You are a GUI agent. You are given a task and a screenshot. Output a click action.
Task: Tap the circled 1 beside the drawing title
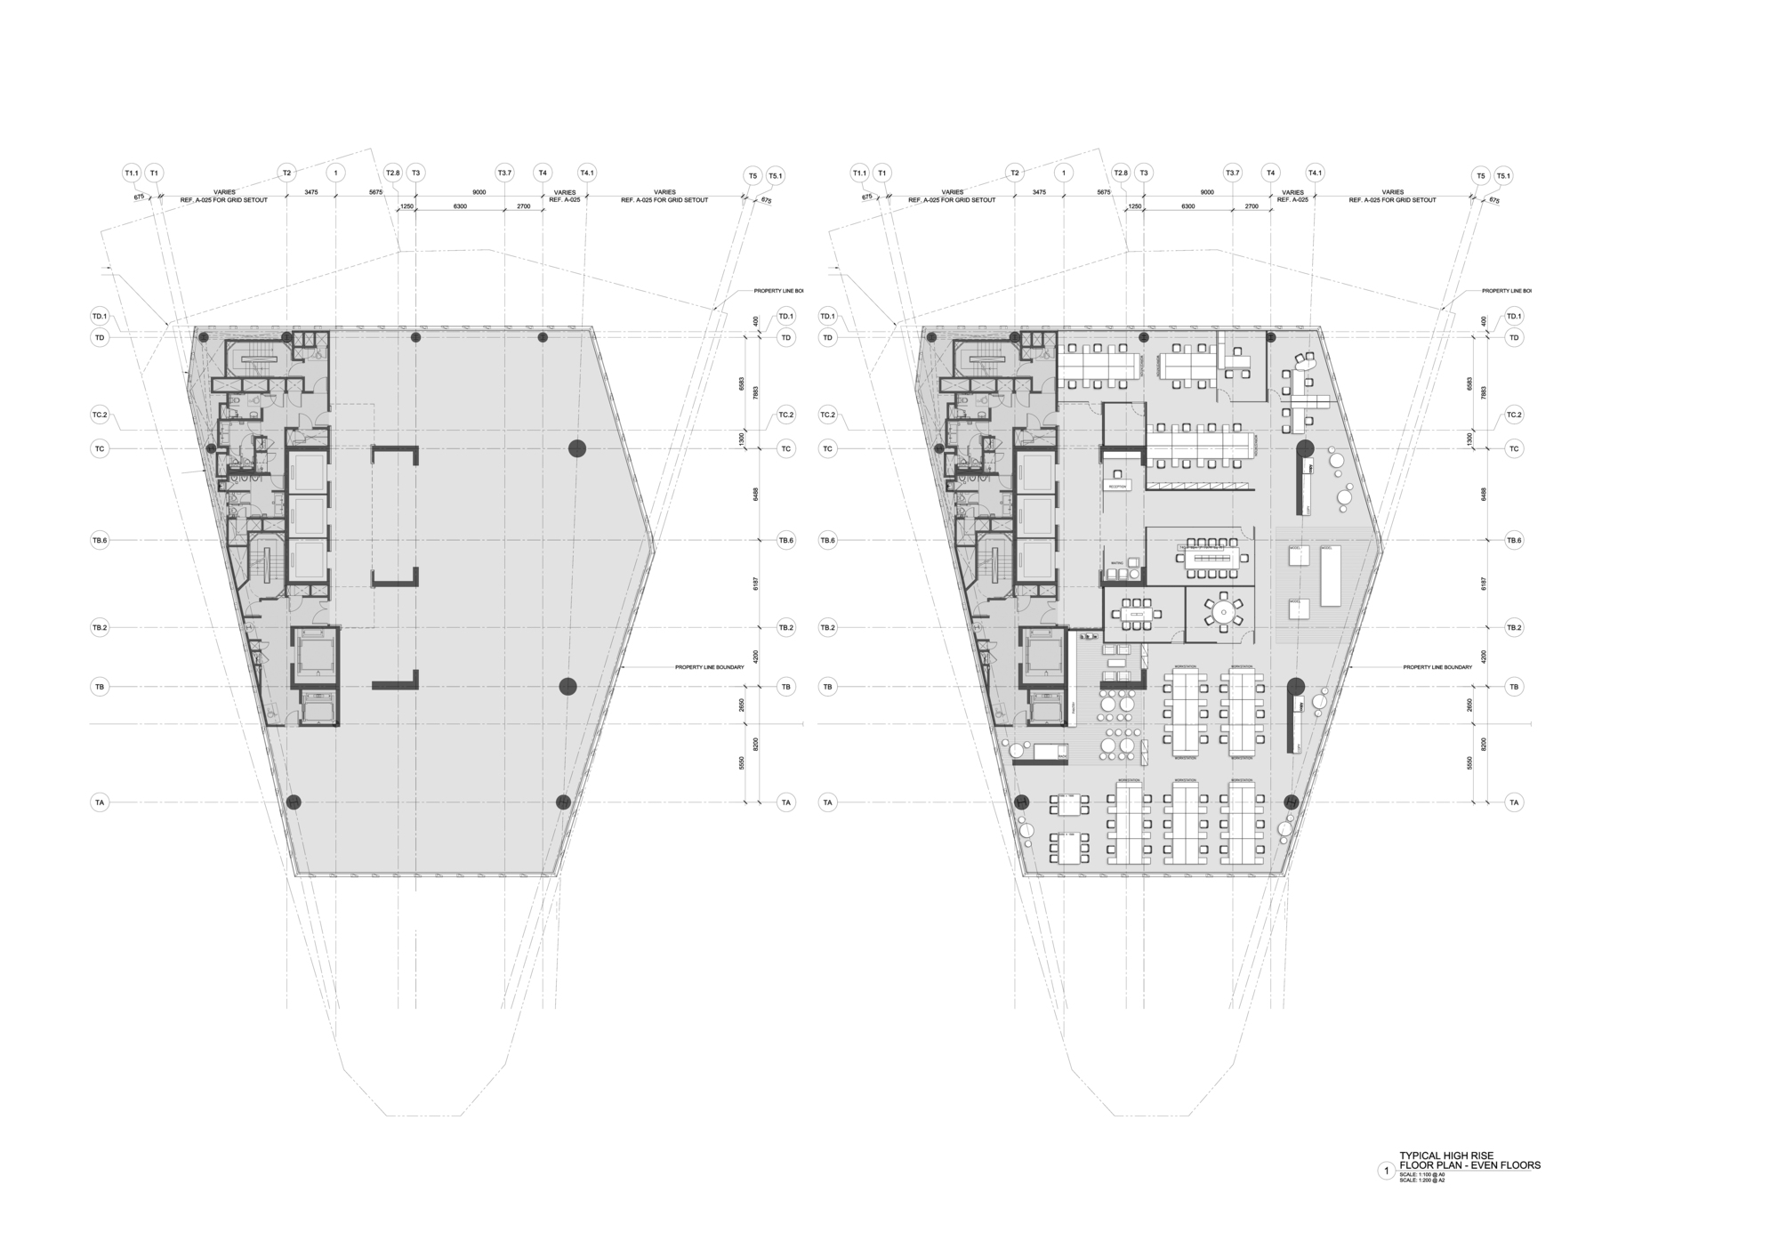pos(1386,1171)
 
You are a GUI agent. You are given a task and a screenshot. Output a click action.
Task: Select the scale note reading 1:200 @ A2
pos(1422,1180)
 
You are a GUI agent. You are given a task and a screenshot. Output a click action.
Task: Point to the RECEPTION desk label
pos(1117,487)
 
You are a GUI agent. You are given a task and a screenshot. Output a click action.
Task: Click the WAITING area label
pos(1117,562)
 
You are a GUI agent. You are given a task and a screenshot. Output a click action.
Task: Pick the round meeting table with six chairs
pos(1224,612)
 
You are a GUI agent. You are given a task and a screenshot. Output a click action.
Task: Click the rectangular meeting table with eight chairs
pos(1138,612)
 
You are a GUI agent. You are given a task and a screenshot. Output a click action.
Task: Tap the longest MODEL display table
pos(1330,576)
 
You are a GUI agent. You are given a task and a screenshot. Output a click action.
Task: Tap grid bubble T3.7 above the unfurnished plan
pos(504,173)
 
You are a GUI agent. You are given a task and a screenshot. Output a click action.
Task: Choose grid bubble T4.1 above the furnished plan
pos(1315,173)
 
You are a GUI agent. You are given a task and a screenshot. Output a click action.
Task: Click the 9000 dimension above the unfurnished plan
pos(479,192)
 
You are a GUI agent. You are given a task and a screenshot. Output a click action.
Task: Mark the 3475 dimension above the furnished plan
pos(1039,192)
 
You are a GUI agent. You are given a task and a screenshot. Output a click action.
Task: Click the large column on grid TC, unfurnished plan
pos(577,448)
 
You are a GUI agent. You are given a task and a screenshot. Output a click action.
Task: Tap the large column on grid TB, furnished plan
pos(1295,686)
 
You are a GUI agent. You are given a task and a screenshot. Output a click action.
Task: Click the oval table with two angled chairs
pos(1304,361)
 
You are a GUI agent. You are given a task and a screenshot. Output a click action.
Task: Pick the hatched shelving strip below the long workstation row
pos(1197,485)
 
